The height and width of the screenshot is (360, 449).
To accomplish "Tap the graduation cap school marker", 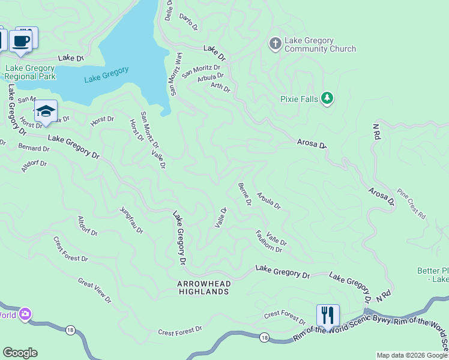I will (46, 112).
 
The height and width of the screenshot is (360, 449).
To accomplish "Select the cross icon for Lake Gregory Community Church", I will (275, 43).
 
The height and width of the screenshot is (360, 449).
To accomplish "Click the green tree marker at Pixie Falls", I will (327, 98).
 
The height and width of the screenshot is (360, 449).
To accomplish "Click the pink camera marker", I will (25, 314).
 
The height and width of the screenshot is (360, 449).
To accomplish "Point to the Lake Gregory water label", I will (106, 74).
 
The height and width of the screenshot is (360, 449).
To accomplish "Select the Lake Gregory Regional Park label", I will (31, 73).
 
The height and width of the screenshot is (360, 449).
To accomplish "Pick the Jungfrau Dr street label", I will (131, 220).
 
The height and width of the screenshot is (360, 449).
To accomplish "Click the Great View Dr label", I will (94, 289).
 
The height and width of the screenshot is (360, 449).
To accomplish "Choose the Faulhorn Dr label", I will (268, 241).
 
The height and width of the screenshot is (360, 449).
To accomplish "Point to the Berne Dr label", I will (244, 194).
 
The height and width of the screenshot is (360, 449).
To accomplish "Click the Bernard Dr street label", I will (34, 148).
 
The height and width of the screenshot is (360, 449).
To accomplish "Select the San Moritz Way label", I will (175, 74).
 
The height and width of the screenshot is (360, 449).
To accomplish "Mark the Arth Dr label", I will (220, 88).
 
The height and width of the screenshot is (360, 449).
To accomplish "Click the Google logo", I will (20, 352).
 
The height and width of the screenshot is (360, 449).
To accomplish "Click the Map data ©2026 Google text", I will (412, 355).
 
